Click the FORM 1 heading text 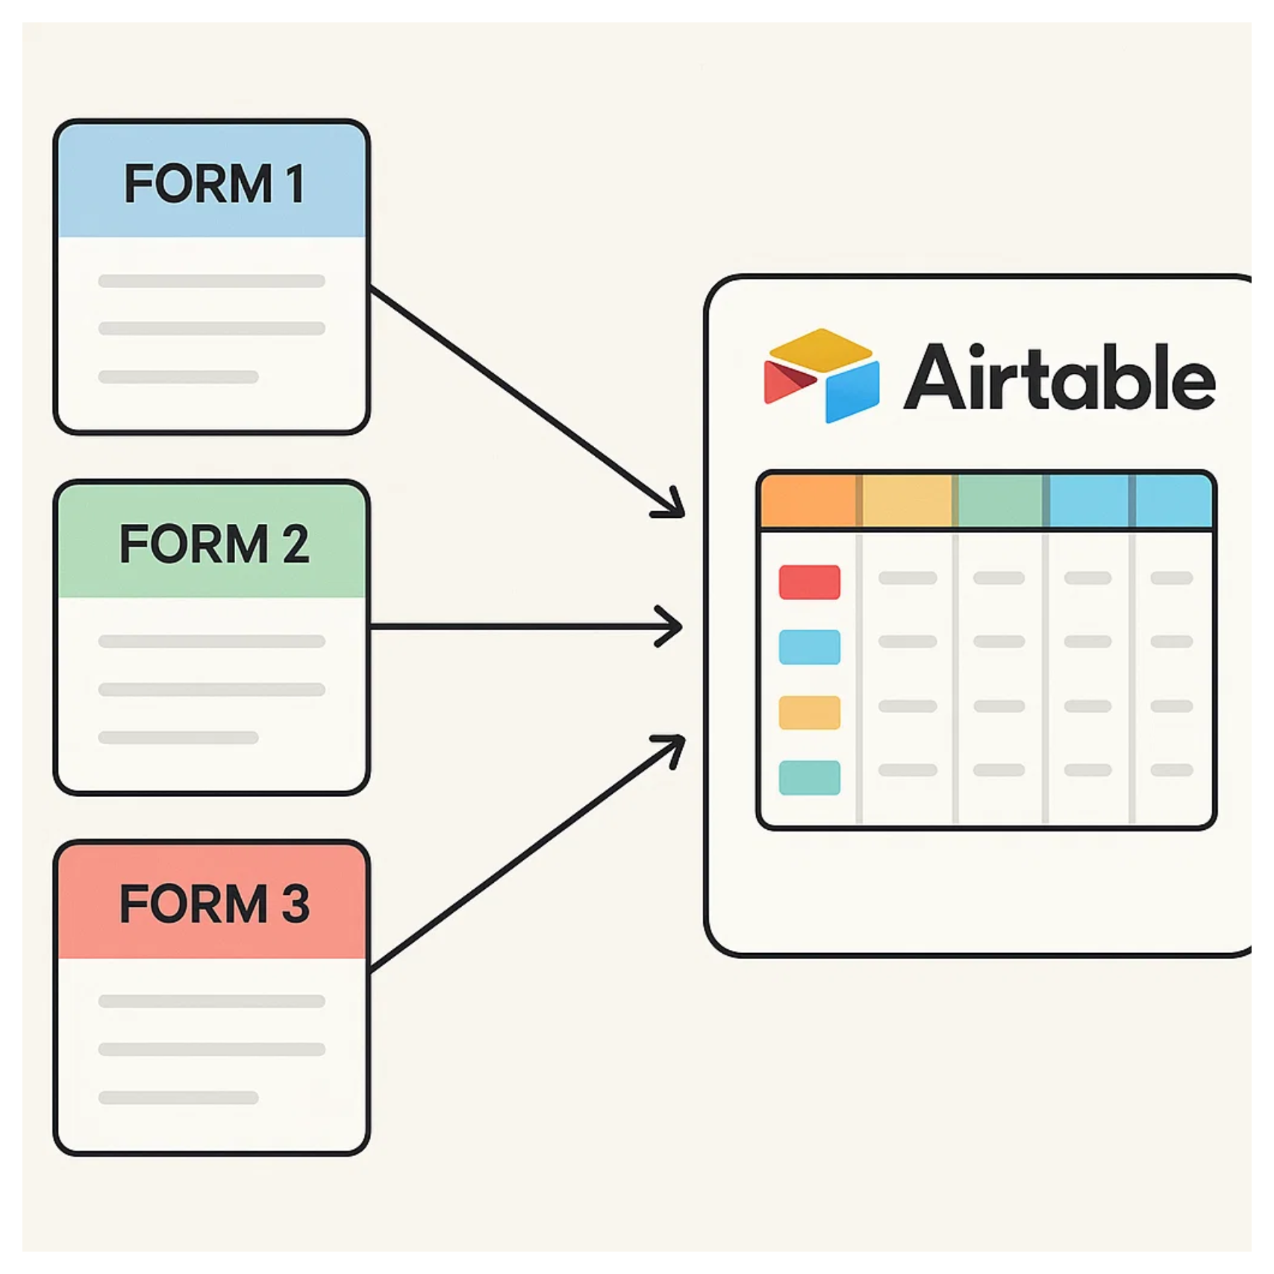(214, 184)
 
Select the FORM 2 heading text (214, 544)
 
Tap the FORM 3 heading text (214, 904)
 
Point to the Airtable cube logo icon (821, 375)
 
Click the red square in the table (809, 582)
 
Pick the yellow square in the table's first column (809, 712)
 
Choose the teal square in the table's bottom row (809, 777)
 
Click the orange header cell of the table (808, 501)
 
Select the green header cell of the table (1000, 501)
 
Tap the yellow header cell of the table (907, 501)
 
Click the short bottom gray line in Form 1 (178, 378)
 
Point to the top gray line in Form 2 (211, 641)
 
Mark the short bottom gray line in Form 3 (178, 1098)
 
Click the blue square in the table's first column (809, 647)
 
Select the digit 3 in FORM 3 (295, 904)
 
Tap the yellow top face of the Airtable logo (821, 349)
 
